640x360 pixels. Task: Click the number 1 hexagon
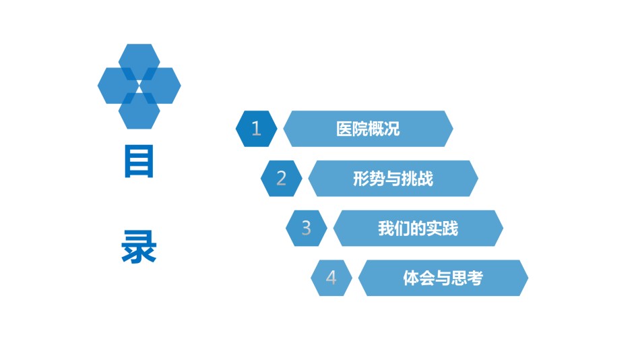pyautogui.click(x=256, y=129)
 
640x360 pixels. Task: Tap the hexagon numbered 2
pyautogui.click(x=281, y=179)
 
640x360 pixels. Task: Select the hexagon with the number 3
pyautogui.click(x=306, y=229)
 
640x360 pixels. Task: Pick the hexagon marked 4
pyautogui.click(x=331, y=278)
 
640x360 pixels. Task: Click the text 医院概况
pyautogui.click(x=368, y=129)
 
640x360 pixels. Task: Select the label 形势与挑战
pyautogui.click(x=393, y=179)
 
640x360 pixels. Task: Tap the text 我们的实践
pyautogui.click(x=418, y=229)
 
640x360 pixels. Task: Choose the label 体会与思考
pyautogui.click(x=443, y=278)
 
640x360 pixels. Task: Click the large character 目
pyautogui.click(x=139, y=161)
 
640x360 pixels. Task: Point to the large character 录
pyautogui.click(x=139, y=246)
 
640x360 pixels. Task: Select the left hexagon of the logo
pyautogui.click(x=117, y=86)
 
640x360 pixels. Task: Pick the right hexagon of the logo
pyautogui.click(x=162, y=86)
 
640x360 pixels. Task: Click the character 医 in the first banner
pyautogui.click(x=344, y=129)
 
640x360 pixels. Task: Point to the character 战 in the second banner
pyautogui.click(x=426, y=179)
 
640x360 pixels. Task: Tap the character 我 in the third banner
pyautogui.click(x=386, y=229)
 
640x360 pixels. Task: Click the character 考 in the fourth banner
pyautogui.click(x=476, y=278)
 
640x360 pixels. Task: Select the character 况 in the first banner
pyautogui.click(x=392, y=129)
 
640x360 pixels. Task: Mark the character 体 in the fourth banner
pyautogui.click(x=411, y=278)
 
